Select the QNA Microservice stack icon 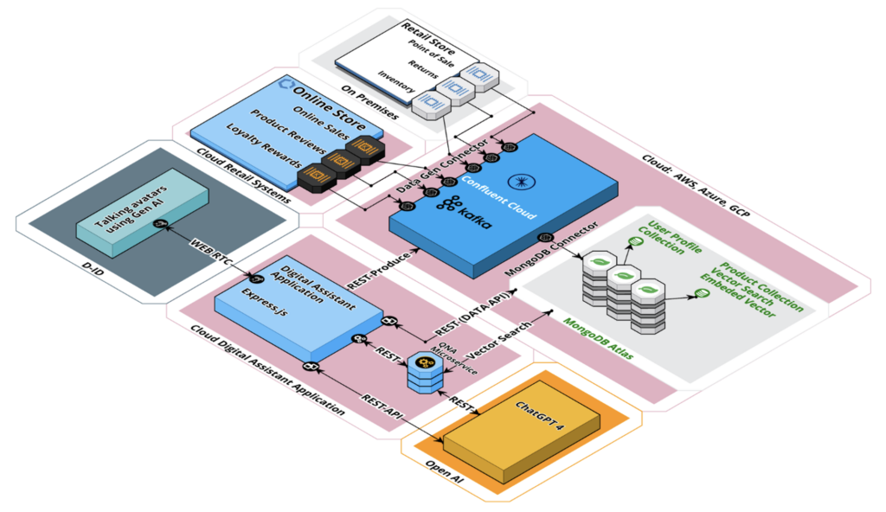pyautogui.click(x=424, y=373)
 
